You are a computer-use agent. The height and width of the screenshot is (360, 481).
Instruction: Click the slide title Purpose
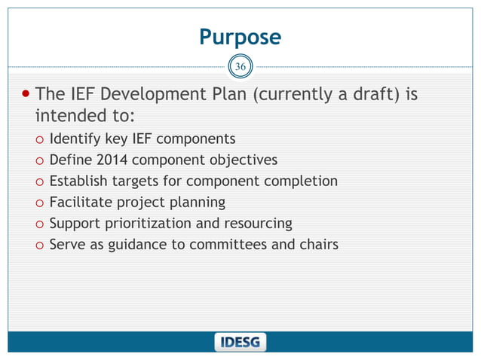pos(240,37)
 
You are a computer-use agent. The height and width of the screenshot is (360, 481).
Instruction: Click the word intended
pos(69,117)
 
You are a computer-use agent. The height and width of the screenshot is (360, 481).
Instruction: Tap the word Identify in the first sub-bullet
pos(74,139)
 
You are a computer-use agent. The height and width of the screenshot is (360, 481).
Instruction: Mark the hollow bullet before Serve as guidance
pos(38,246)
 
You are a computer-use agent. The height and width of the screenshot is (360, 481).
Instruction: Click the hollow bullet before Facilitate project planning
pos(38,203)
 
